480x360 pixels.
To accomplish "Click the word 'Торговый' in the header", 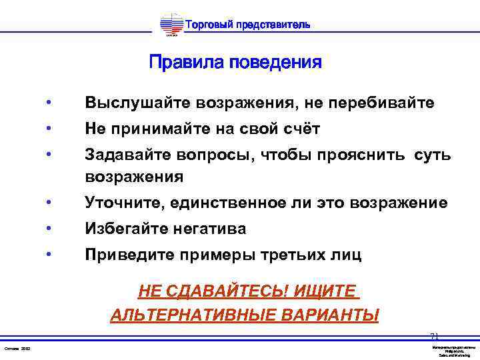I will (x=207, y=25).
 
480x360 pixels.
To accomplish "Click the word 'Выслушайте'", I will (x=137, y=103).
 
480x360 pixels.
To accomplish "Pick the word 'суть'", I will (x=432, y=155).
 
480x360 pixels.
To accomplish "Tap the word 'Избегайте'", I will (x=128, y=229).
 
